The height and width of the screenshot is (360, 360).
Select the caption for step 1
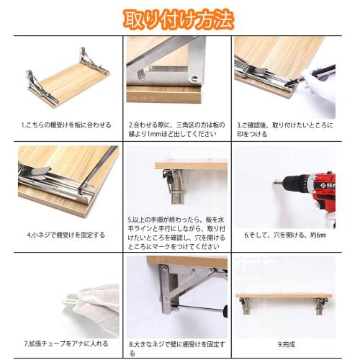[x=66, y=125]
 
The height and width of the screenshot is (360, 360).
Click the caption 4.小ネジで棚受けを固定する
[x=66, y=234]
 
